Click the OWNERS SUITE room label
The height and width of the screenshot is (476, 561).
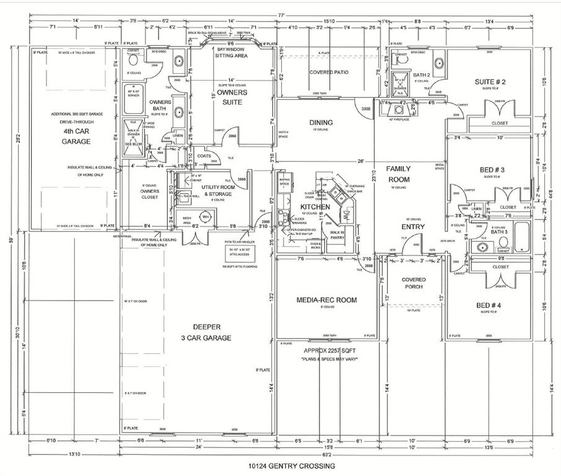coord(232,97)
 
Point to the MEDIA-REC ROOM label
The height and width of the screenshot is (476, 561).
coord(326,300)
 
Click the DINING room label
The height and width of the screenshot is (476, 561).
coord(320,123)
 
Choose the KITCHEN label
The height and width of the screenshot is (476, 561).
coord(315,206)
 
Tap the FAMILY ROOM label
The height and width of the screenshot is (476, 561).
coord(399,174)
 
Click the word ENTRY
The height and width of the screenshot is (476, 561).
coord(413,227)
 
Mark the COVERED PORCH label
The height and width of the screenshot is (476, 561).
coord(414,284)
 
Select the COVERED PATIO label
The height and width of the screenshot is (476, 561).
coord(328,73)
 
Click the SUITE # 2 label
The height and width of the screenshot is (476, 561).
coord(490,82)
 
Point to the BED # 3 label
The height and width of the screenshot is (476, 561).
coord(492,170)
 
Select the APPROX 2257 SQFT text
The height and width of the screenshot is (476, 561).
coord(326,350)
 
